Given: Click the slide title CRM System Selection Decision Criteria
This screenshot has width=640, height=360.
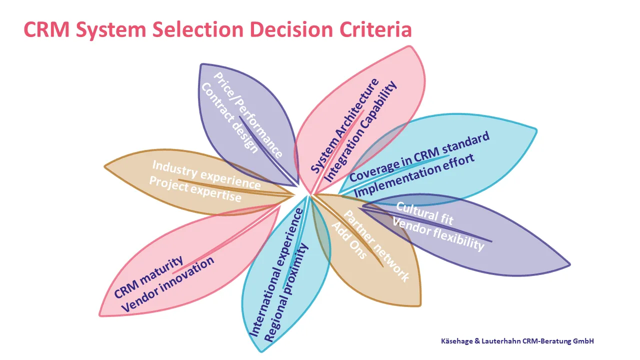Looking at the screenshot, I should coord(217,30).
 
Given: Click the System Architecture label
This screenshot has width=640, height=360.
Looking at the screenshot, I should coord(344,126).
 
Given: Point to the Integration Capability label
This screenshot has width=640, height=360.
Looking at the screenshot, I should coord(361,131).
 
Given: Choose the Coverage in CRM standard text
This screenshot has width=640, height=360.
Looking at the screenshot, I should coord(419,157).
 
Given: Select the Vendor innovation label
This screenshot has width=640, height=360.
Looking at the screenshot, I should coord(168,284).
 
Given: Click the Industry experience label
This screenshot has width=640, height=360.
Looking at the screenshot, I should coord(206,174).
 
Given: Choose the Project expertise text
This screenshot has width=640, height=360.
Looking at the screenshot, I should coord(195,189).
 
